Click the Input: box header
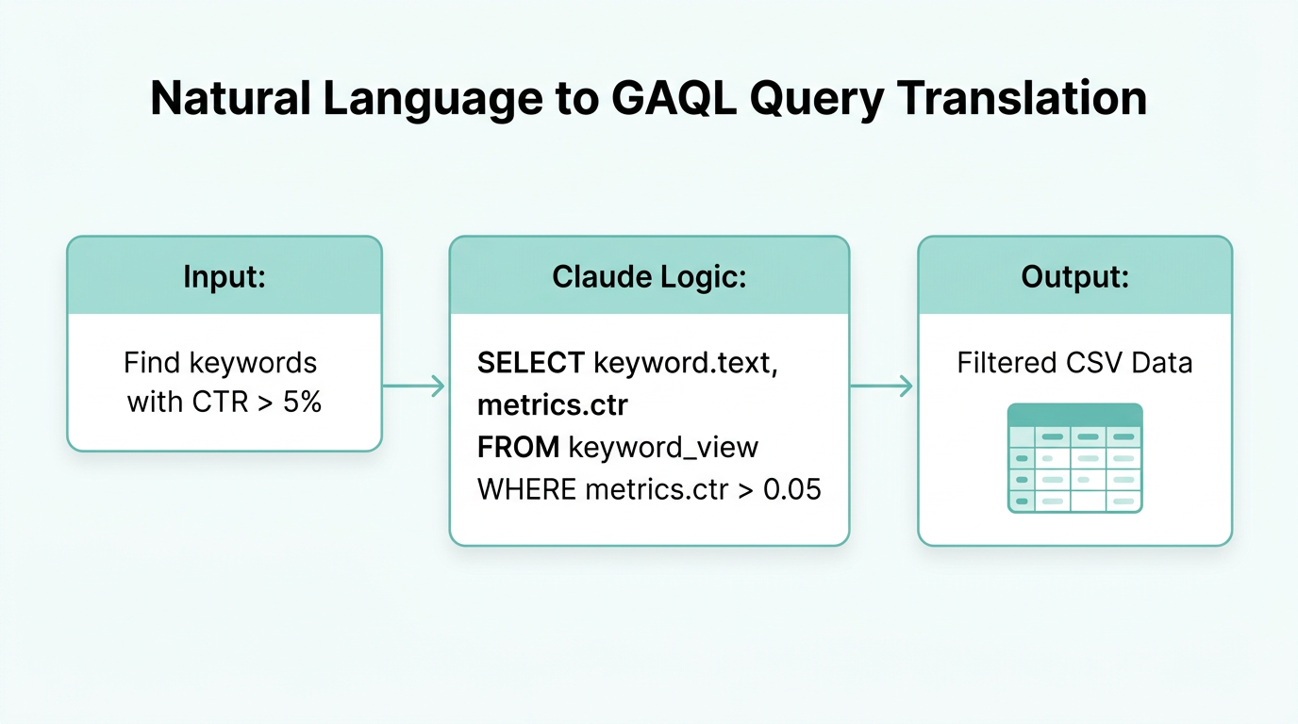coord(225,276)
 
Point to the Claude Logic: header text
coord(649,276)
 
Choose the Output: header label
coord(1074,276)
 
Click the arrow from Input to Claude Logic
coord(414,386)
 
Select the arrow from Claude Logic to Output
coord(883,386)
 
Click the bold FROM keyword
coord(519,447)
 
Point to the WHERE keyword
coord(527,489)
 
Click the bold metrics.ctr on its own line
coord(553,405)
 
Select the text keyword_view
coord(663,447)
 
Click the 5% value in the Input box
coord(302,403)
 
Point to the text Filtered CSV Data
coord(1074,363)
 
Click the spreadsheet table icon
coord(1074,458)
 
